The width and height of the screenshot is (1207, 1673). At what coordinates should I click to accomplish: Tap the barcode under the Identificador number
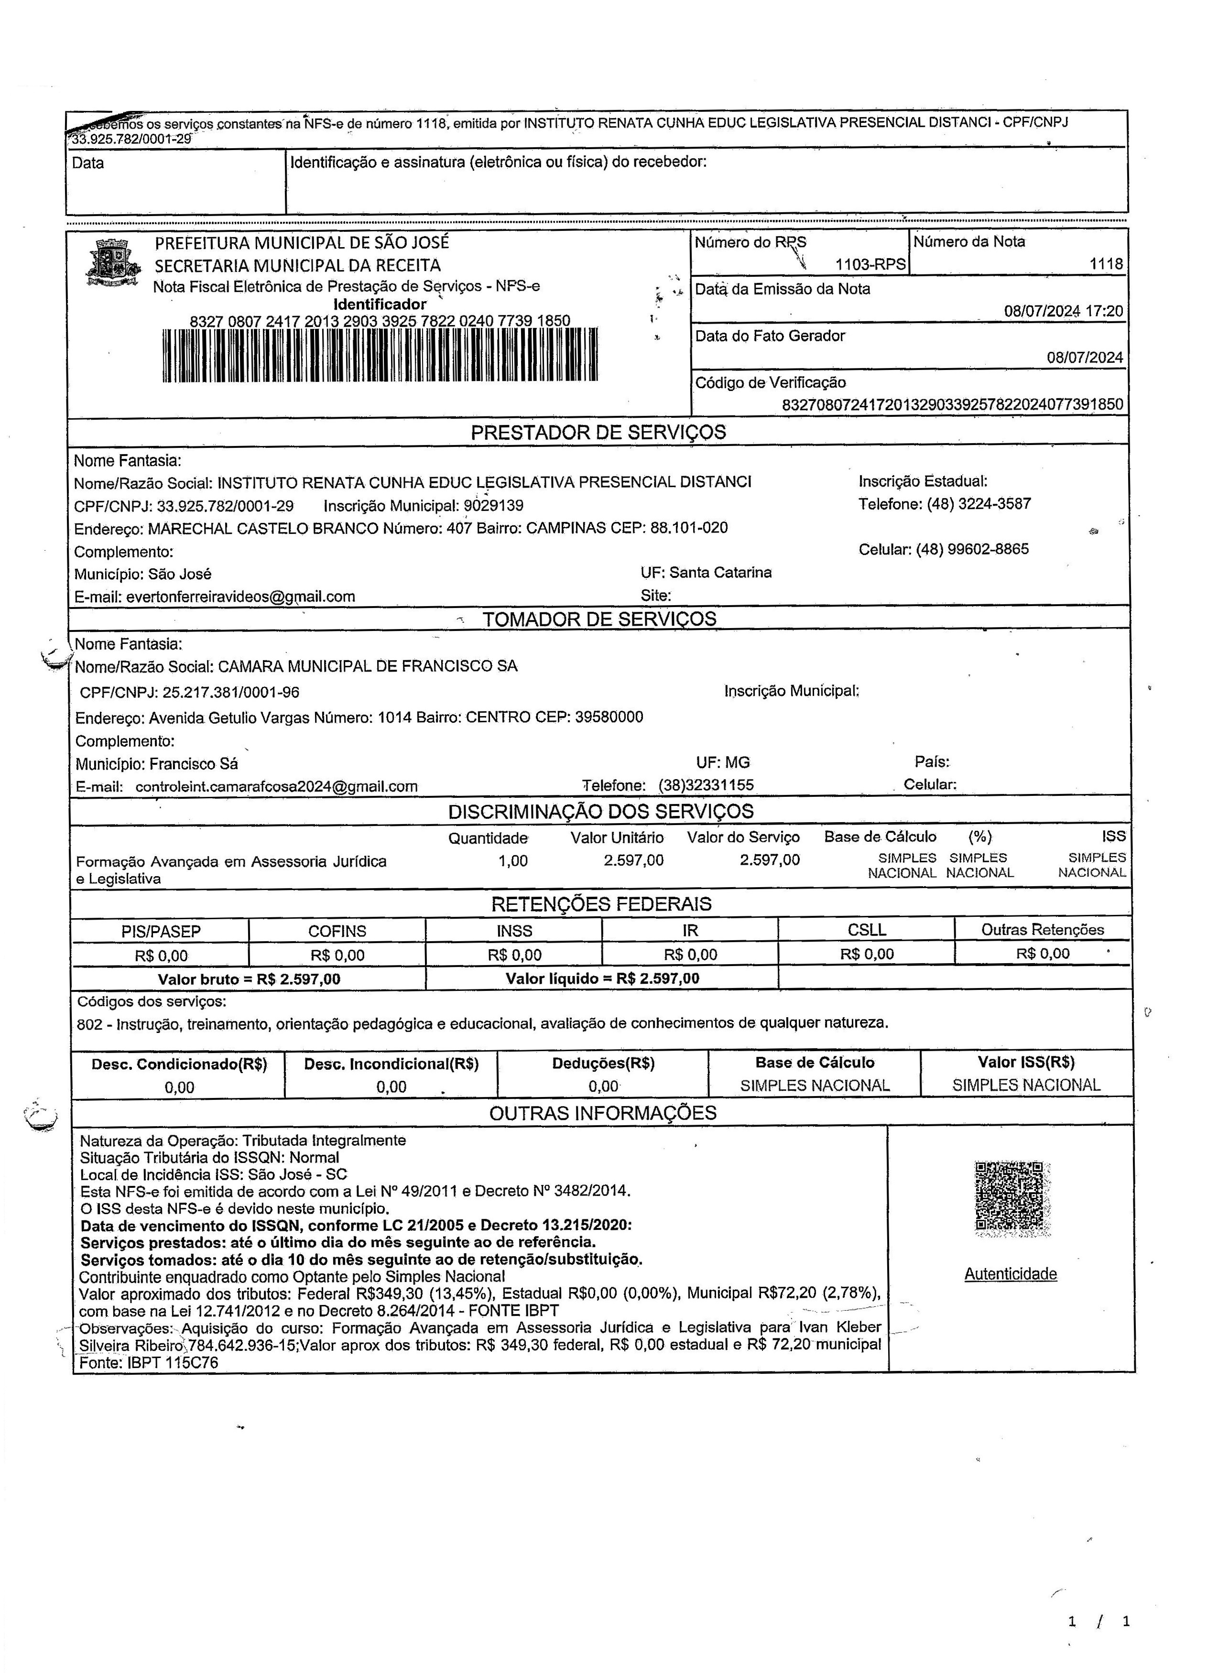pos(380,356)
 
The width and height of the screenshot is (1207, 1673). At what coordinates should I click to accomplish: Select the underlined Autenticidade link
pos(1010,1274)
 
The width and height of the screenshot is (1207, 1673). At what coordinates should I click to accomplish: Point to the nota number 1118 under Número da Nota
pos(1106,264)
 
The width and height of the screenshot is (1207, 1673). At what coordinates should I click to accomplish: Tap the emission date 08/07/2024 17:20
pos(1063,311)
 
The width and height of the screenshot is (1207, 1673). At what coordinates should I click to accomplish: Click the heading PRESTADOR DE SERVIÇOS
pos(598,432)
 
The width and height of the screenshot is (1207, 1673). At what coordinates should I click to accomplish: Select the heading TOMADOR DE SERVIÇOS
pos(599,619)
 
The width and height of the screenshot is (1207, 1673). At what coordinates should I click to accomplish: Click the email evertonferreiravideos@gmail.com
pos(240,597)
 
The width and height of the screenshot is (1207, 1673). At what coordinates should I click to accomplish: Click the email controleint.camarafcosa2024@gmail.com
pos(277,786)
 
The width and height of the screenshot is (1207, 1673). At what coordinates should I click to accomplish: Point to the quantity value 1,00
pos(513,860)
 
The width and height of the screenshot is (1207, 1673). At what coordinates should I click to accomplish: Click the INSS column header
pos(514,931)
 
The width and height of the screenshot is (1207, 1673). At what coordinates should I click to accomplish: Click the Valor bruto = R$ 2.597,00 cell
pos(250,979)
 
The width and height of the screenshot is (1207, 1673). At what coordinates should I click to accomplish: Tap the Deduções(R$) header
pos(603,1063)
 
